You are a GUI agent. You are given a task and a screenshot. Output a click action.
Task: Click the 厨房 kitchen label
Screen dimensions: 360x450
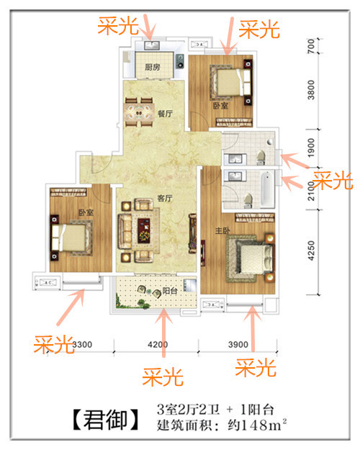coord(153,67)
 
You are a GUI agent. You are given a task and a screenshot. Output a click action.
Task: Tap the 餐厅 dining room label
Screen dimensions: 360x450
coord(165,114)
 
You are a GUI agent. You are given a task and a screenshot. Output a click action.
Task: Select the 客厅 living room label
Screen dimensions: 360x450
coord(165,198)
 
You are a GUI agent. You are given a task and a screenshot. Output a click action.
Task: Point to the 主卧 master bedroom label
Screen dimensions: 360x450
coord(222,230)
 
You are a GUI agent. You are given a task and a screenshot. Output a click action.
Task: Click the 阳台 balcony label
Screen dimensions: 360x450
coord(170,291)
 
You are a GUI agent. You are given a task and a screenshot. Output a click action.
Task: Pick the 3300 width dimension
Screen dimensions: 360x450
coord(82,344)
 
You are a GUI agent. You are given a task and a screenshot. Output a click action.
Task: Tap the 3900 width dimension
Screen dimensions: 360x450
coord(238,344)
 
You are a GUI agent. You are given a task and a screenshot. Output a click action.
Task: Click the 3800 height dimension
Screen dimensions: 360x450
coord(311,90)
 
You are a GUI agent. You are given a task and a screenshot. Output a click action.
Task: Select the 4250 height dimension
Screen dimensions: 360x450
coord(311,251)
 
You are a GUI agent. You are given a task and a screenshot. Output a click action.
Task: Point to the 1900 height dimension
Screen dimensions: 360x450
coord(311,148)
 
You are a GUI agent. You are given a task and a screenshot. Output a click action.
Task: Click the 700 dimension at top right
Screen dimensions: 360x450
coord(311,46)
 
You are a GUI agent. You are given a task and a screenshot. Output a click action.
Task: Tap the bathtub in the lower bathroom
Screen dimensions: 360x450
coord(267,189)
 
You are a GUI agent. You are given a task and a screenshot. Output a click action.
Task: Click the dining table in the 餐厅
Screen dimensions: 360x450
coord(139,112)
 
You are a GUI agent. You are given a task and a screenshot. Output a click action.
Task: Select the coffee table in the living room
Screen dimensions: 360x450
coord(144,230)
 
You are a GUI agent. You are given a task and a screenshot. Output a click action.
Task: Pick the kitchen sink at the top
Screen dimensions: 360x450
coord(151,45)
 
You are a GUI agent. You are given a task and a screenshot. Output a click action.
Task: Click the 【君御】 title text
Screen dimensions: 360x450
coord(105,419)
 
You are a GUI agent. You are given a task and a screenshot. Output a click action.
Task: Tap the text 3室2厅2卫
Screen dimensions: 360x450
coord(189,410)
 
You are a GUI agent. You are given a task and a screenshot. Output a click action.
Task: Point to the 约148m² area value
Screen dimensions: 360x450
coord(258,425)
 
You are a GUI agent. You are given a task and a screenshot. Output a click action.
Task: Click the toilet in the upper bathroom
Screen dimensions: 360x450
coord(261,157)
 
